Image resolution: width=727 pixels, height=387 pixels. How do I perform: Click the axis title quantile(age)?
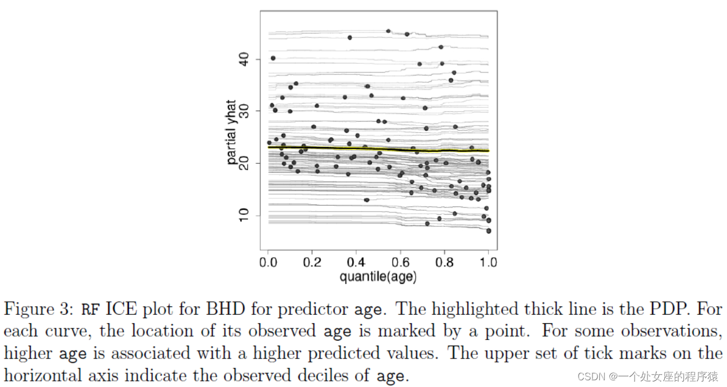click(x=378, y=276)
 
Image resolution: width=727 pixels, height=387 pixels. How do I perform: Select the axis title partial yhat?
click(x=232, y=133)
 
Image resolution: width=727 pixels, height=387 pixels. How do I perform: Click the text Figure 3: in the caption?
click(x=39, y=309)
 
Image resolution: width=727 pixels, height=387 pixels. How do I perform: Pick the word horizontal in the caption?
click(x=45, y=375)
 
